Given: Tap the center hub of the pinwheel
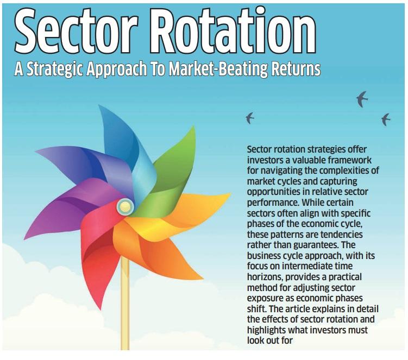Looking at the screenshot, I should click(125, 205).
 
